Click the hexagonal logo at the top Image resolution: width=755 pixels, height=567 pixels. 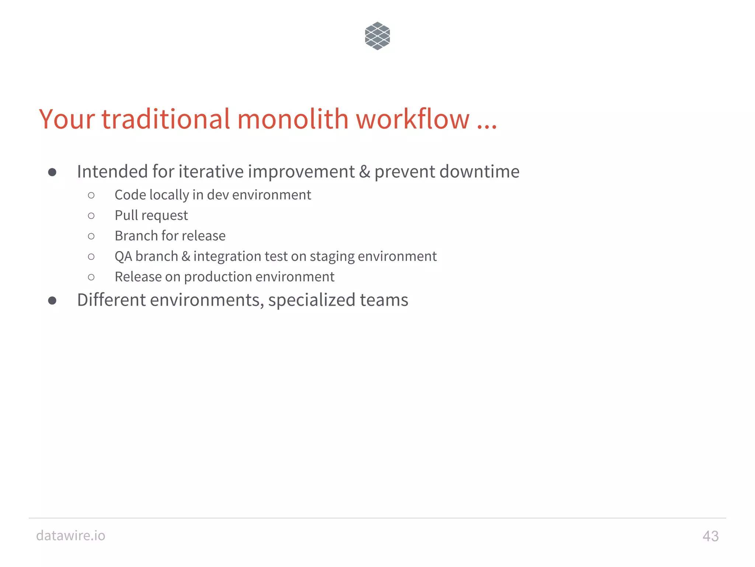[377, 36]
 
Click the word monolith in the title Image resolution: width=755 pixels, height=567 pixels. [293, 119]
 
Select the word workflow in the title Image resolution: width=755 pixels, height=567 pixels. [413, 119]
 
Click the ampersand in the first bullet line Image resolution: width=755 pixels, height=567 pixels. [364, 172]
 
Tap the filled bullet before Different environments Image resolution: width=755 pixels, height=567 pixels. [52, 300]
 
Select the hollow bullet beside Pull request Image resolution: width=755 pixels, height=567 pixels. [91, 216]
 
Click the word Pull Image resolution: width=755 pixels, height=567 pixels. [126, 215]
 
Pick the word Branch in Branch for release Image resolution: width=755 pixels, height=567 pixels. [136, 236]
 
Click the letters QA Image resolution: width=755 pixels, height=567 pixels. [123, 256]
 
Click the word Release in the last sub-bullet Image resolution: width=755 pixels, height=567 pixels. [138, 276]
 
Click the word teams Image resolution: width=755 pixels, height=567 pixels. [384, 300]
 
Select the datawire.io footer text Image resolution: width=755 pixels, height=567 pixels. [71, 535]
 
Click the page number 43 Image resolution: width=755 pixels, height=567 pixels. [710, 536]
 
